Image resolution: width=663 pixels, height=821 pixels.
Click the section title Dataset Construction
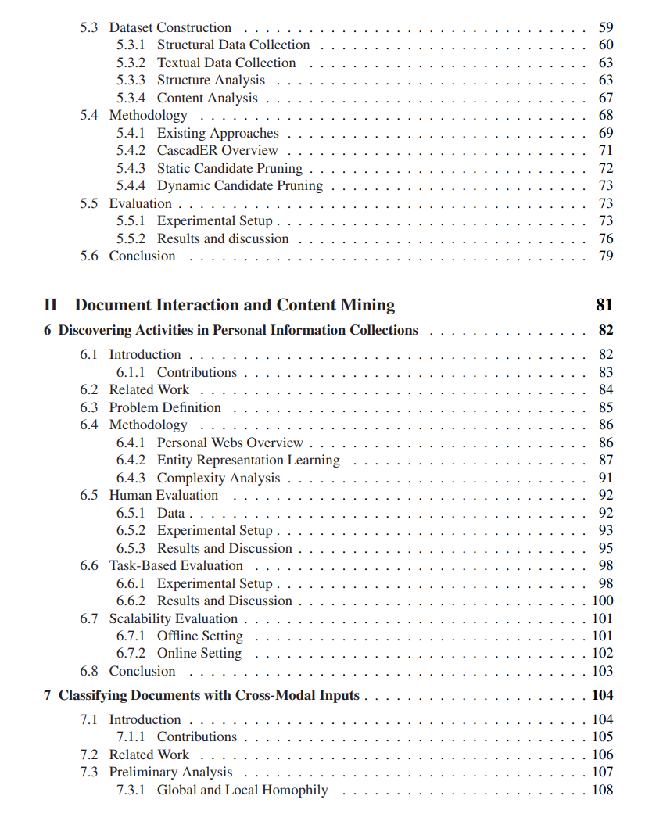170,27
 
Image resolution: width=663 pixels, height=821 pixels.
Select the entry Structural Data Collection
233,45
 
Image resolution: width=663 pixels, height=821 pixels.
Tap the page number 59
605,27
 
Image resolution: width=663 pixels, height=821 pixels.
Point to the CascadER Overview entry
217,150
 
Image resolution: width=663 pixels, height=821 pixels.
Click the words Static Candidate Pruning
229,168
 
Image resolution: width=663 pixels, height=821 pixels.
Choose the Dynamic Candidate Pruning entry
239,185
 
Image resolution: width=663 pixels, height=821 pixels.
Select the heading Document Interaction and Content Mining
235,305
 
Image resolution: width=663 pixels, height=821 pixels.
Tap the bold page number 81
604,305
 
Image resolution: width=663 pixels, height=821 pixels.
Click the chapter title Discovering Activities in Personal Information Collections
238,330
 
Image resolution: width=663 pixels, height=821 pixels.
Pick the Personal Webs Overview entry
230,443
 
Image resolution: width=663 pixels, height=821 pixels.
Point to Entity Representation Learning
248,460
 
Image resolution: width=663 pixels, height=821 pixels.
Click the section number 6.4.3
131,478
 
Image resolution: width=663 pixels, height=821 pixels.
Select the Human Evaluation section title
163,495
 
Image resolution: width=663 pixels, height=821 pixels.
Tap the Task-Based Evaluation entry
176,565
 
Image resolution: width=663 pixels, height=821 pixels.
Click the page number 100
602,601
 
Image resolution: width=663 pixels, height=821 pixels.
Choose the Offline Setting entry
199,636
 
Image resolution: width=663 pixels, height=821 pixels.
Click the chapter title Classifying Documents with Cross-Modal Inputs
209,695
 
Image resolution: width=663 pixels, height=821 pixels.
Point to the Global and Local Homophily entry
242,790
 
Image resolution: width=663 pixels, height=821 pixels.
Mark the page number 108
602,790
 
